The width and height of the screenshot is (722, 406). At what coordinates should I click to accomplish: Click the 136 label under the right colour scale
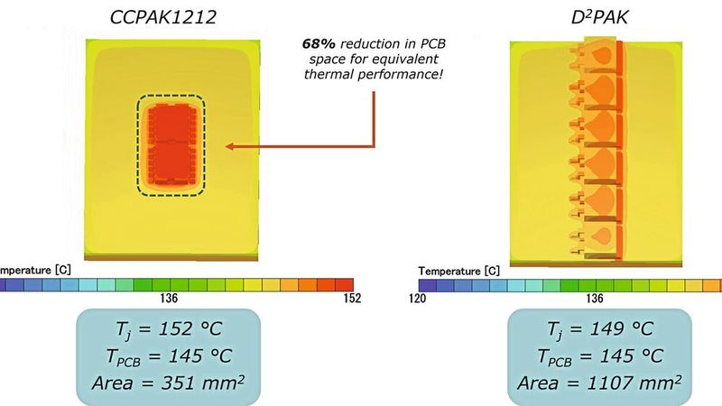coord(595,298)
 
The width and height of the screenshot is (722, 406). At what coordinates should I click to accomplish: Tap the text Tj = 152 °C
coord(167,330)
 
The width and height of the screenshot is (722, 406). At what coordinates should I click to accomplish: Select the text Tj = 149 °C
coord(601,330)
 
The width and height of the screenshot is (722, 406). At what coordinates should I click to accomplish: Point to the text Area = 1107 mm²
coord(601,383)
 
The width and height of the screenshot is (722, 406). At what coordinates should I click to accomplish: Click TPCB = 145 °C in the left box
coord(167,356)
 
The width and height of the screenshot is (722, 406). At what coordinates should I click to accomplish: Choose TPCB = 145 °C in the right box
coord(601,356)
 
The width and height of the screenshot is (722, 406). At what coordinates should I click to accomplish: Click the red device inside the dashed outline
coord(171,142)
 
